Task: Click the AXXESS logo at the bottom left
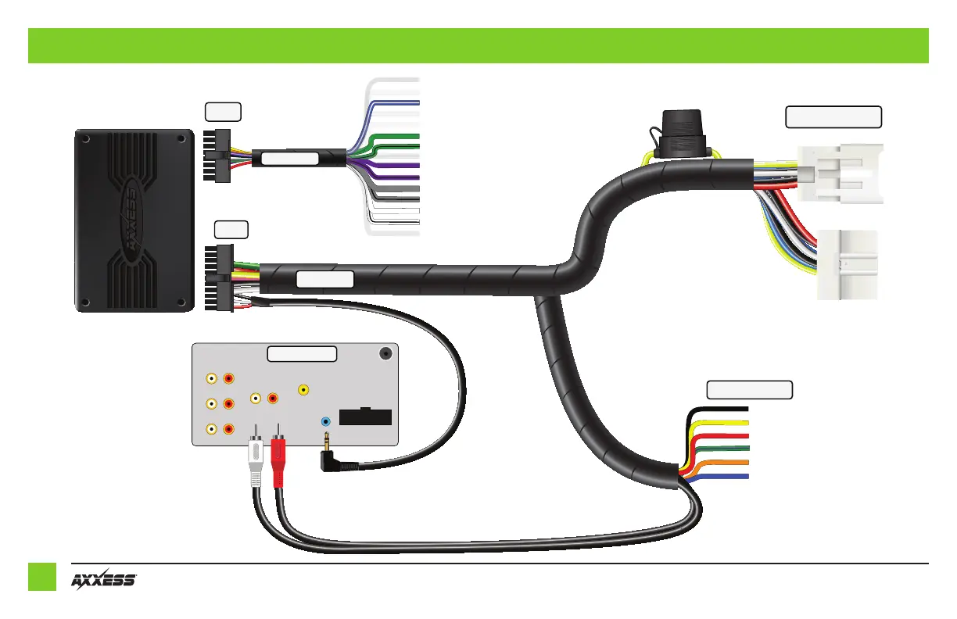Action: tap(104, 580)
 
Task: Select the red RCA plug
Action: tap(279, 461)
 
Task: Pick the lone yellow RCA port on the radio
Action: tap(304, 389)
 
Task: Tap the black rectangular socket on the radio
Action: tap(365, 416)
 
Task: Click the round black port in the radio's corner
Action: tap(385, 353)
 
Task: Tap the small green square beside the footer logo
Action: tap(42, 577)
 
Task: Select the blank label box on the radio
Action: tap(302, 354)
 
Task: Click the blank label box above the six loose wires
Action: tap(749, 389)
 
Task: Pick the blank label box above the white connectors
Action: tap(833, 117)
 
